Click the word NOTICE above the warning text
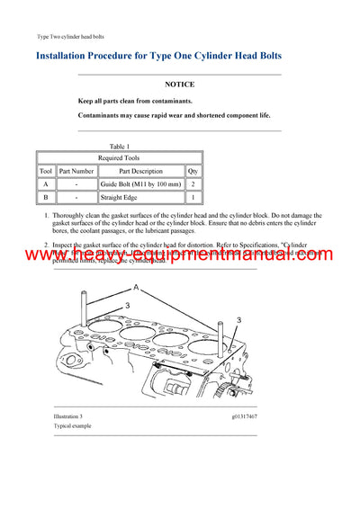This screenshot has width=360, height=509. [180, 83]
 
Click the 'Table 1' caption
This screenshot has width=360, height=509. [119, 146]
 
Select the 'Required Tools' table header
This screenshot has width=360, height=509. [119, 156]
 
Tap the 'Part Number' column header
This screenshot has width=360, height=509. [76, 170]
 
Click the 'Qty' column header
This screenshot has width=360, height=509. [193, 170]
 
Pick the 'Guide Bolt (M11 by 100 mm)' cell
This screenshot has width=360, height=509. [140, 183]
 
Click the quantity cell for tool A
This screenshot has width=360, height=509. [193, 183]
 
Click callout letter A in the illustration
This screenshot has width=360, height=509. [136, 288]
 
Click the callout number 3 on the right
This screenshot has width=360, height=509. [239, 320]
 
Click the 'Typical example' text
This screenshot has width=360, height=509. [71, 428]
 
